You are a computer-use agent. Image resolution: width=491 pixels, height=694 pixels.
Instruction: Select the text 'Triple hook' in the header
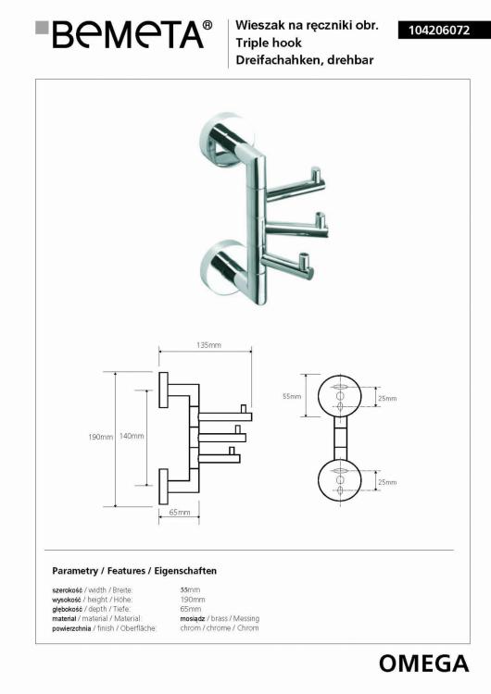tap(269, 43)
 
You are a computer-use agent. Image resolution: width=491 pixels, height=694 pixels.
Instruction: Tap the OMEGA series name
tap(423, 663)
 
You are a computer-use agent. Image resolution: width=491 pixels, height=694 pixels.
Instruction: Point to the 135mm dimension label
tap(208, 345)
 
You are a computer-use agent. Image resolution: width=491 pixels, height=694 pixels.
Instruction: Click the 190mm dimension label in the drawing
tap(101, 437)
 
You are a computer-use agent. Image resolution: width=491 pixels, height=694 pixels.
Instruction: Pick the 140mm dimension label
tap(132, 436)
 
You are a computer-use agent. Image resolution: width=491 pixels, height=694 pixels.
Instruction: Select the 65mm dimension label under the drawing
tap(180, 512)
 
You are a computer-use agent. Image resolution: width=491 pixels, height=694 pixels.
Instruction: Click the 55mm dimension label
tap(292, 396)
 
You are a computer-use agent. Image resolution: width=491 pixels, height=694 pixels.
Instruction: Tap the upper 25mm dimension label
tap(387, 398)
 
